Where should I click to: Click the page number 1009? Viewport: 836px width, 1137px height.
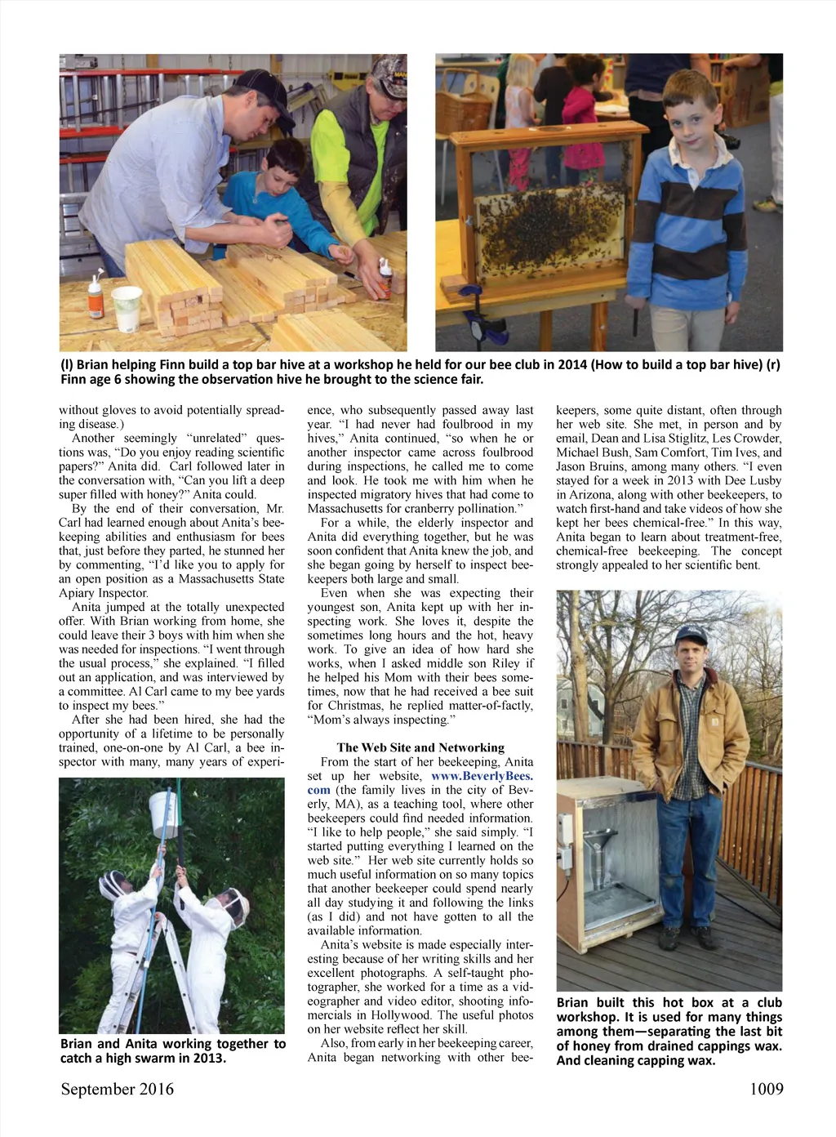(x=766, y=1089)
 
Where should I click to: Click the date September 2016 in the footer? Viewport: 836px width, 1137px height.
(x=117, y=1089)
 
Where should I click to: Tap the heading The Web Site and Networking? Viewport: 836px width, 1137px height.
(x=420, y=747)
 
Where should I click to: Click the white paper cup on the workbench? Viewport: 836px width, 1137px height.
(x=127, y=309)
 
